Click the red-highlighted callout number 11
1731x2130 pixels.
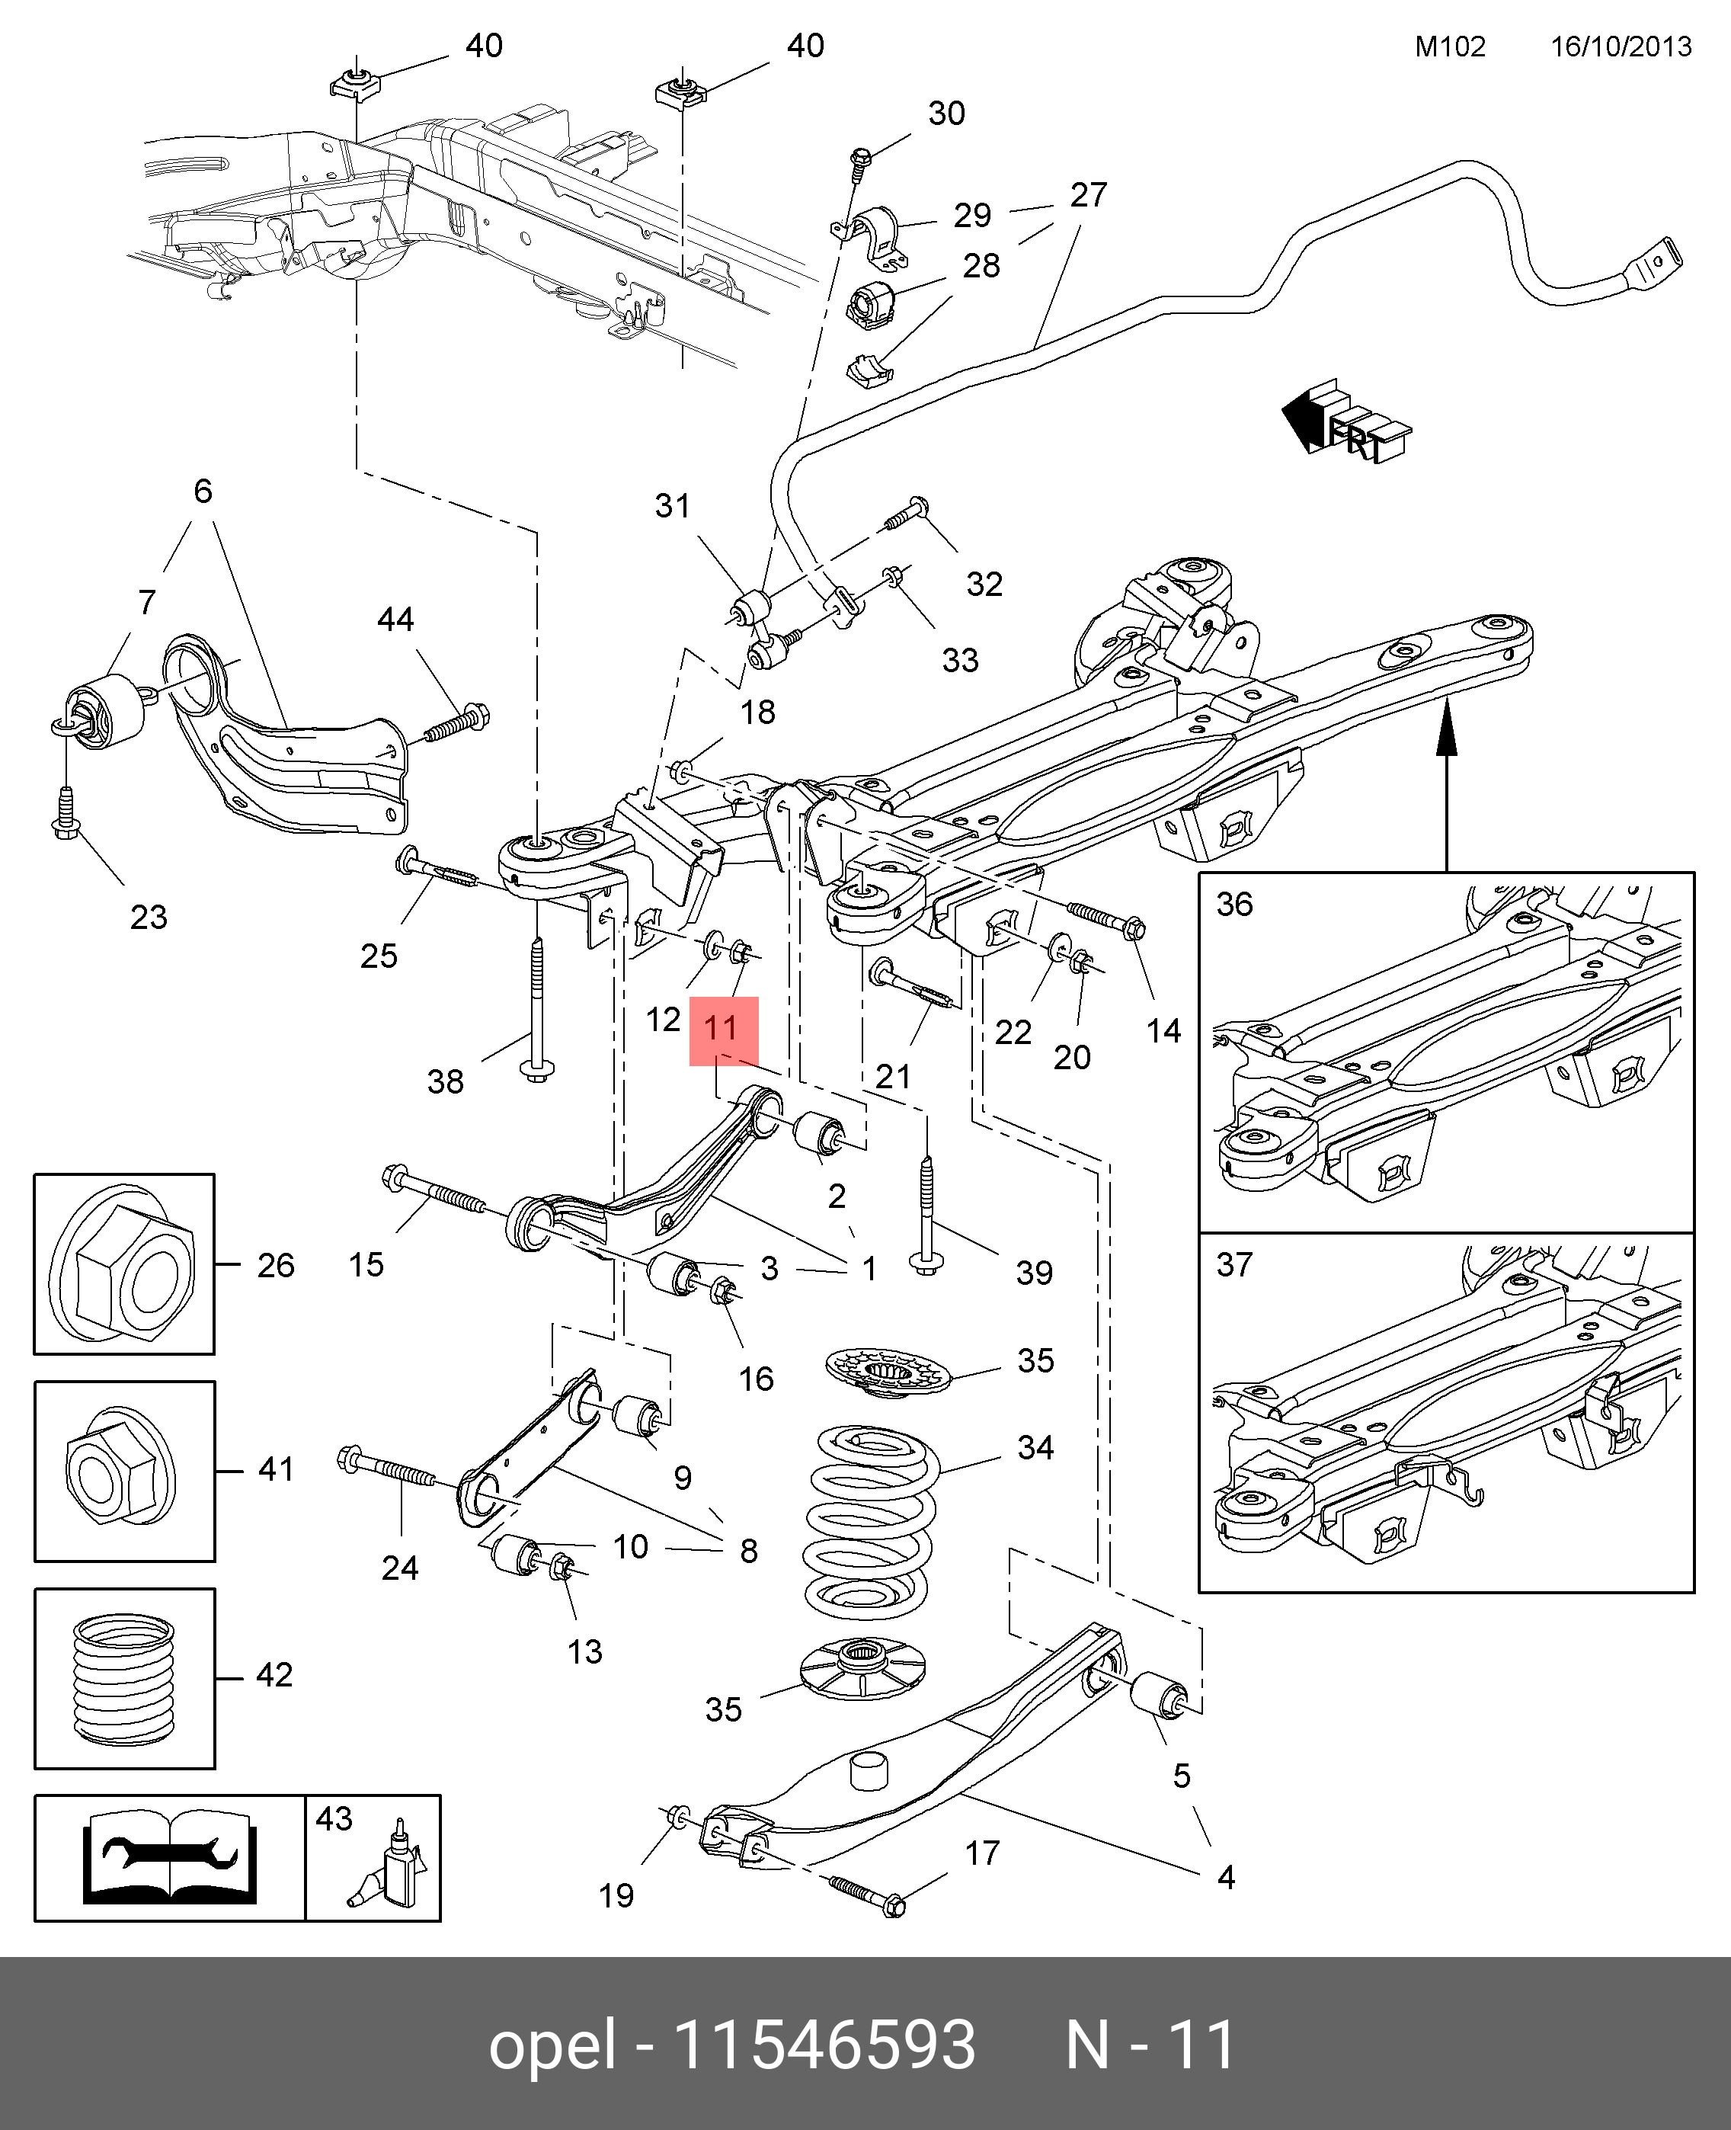723,1028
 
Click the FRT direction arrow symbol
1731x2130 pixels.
1344,423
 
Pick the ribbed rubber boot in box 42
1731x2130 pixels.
123,1680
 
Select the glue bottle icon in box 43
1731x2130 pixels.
395,1866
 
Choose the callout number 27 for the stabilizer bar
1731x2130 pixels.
1088,194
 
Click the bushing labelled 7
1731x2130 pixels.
104,710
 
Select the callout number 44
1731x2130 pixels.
395,620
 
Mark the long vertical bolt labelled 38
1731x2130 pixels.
537,1007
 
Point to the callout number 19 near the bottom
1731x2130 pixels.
616,1895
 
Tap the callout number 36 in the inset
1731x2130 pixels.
1233,905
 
